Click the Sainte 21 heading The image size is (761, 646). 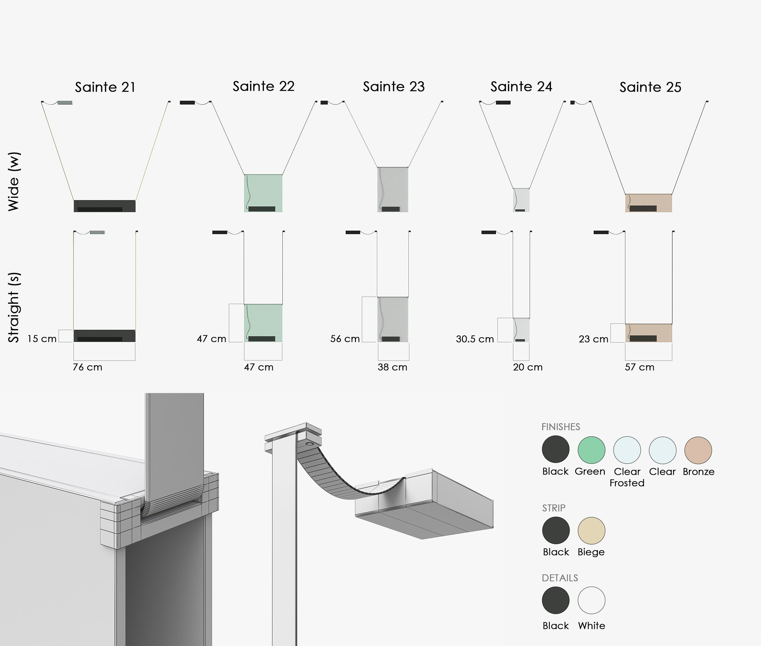point(105,87)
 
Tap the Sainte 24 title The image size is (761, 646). point(521,87)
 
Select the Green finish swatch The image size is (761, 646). point(591,450)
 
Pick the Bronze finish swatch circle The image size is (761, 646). point(698,450)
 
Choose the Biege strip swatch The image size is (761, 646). point(591,531)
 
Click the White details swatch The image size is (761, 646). point(591,600)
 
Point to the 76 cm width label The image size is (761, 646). point(88,367)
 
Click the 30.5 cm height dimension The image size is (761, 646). point(475,339)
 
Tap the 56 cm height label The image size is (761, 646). point(345,339)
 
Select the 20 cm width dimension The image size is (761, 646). point(528,367)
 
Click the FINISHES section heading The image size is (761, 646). point(561,427)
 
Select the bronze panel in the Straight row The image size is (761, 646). point(649,332)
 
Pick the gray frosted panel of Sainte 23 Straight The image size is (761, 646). point(393,319)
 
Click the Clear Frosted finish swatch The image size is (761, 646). point(627,450)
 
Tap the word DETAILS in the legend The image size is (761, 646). point(560,578)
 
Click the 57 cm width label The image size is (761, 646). point(639,367)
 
